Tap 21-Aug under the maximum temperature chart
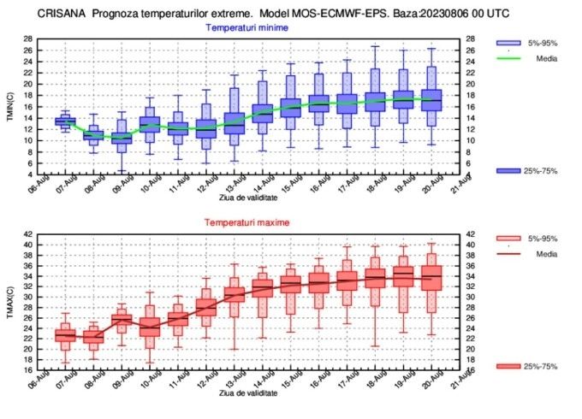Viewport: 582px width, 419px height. (462, 383)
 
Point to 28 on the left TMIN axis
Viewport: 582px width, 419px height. (28, 39)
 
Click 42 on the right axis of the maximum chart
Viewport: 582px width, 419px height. (472, 233)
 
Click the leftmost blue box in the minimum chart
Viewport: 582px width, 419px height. (65, 121)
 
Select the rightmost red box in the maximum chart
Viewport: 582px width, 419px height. (432, 280)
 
